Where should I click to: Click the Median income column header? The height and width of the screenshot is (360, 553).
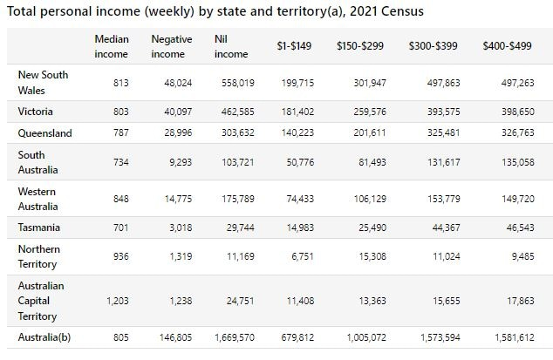[x=112, y=46]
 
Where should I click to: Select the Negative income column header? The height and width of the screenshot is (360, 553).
[x=172, y=46]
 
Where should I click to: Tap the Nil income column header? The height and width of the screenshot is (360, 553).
[x=231, y=46]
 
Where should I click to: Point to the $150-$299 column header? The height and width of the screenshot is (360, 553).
[x=360, y=46]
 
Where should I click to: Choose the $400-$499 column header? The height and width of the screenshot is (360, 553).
[x=507, y=46]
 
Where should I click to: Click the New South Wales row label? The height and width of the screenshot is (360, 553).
[x=43, y=83]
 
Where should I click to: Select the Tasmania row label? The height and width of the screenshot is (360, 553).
[x=38, y=228]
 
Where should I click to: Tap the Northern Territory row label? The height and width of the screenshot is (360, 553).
[x=38, y=256]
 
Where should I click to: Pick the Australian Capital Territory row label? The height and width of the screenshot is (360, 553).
[x=41, y=301]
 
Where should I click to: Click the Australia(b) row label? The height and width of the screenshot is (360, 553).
[x=44, y=337]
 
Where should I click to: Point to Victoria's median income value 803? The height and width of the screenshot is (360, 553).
[x=121, y=112]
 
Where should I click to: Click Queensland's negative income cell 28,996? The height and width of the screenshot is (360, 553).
[x=178, y=132]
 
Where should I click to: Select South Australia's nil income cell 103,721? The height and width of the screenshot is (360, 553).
[x=238, y=162]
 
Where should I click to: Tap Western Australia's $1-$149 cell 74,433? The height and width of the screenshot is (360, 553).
[x=300, y=199]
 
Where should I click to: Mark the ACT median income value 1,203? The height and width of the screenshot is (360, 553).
[x=118, y=301]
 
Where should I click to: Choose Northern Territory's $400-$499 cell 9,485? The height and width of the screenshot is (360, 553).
[x=523, y=256]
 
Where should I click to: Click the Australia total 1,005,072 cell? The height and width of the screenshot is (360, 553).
[x=366, y=337]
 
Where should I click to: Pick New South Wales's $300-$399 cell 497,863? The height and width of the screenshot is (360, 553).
[x=444, y=83]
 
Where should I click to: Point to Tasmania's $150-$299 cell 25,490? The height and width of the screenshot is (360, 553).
[x=372, y=228]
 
